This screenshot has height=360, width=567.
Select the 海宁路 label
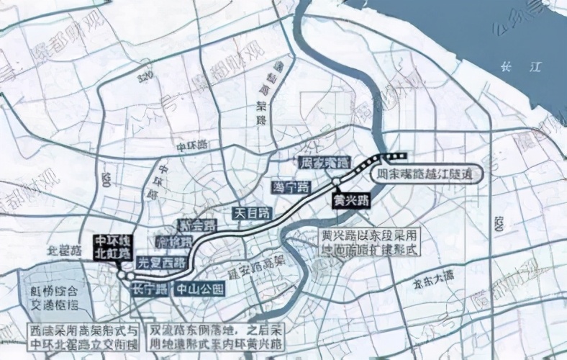(290, 188)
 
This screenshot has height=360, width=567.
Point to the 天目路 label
(253, 213)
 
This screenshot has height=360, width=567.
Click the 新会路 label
(196, 226)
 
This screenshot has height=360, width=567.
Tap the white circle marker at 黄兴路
(336, 181)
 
